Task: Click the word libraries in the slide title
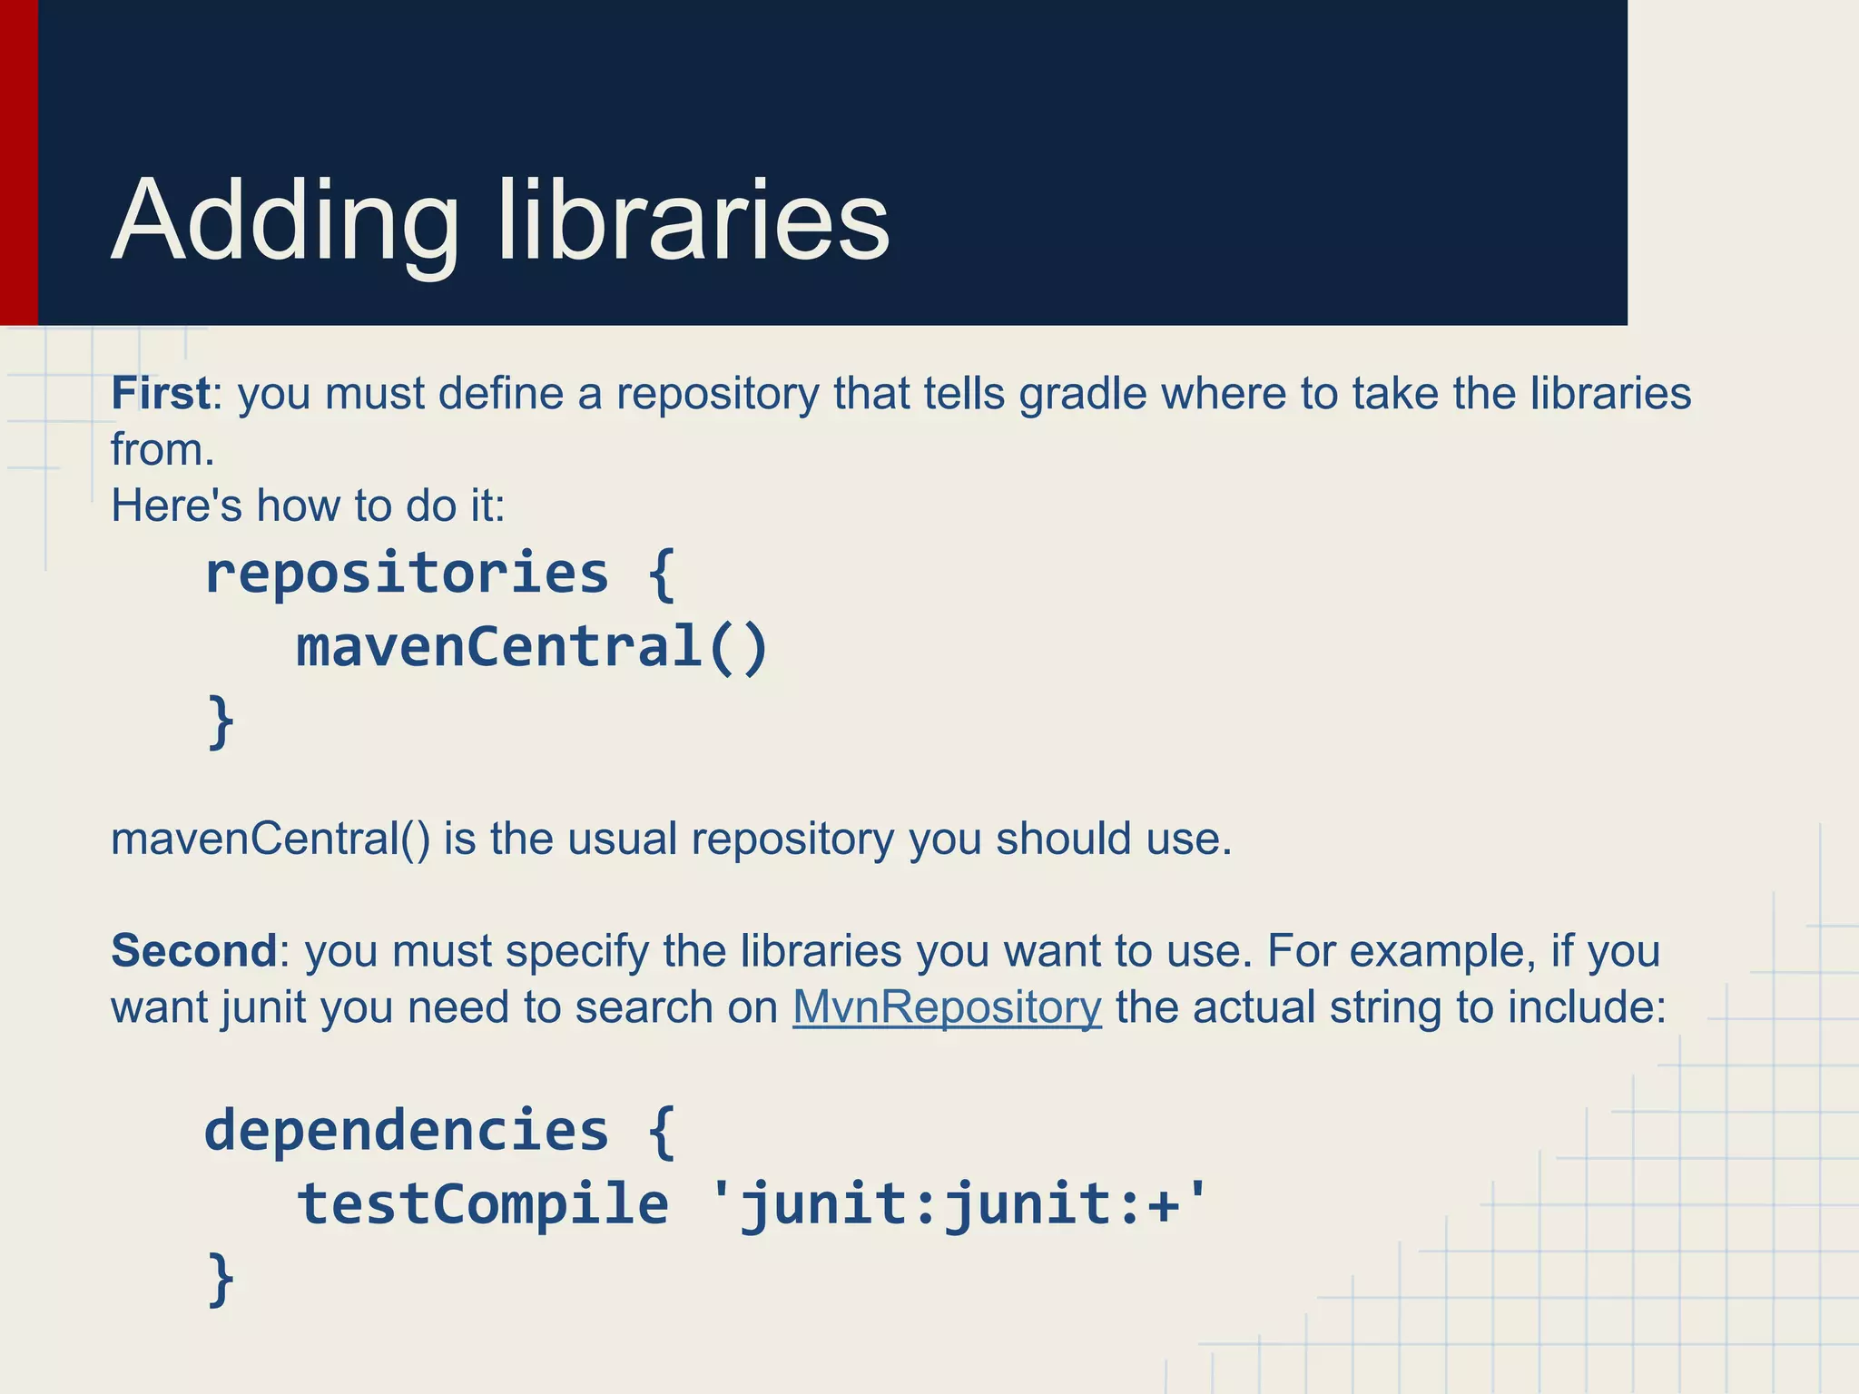point(693,221)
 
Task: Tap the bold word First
point(161,394)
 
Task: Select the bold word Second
point(193,951)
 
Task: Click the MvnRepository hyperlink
point(947,1007)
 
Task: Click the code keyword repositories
point(407,574)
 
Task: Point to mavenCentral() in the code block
point(532,647)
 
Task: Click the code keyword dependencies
point(407,1131)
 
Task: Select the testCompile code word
point(483,1204)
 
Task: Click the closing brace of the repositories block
point(221,722)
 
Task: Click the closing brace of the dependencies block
point(221,1279)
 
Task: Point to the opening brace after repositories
point(662,574)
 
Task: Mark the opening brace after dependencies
point(662,1131)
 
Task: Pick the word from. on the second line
point(162,450)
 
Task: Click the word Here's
point(176,506)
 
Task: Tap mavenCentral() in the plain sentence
point(270,839)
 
